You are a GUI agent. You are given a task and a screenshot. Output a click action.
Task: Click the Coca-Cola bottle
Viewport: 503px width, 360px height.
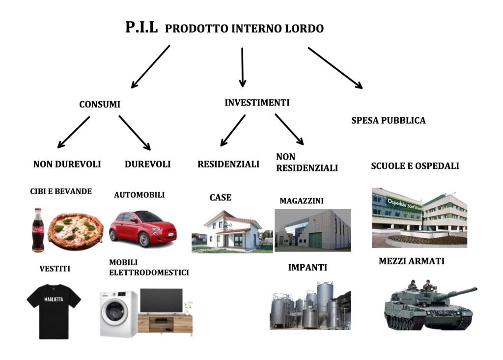pyautogui.click(x=38, y=230)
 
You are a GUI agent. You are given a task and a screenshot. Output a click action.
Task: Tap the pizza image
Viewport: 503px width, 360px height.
pyautogui.click(x=76, y=230)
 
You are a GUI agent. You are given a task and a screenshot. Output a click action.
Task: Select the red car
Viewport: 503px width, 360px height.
pyautogui.click(x=142, y=228)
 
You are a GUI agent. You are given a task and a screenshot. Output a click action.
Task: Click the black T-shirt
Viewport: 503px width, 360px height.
pyautogui.click(x=54, y=310)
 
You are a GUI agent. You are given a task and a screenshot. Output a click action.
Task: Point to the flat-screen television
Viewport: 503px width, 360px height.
pyautogui.click(x=161, y=301)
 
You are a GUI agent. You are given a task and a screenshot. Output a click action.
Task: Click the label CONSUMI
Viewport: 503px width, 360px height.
pyautogui.click(x=100, y=105)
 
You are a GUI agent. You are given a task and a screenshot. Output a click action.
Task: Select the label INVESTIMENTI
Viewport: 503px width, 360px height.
pyautogui.click(x=257, y=103)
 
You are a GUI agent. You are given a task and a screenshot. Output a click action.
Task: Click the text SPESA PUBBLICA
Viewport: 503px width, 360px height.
pyautogui.click(x=389, y=120)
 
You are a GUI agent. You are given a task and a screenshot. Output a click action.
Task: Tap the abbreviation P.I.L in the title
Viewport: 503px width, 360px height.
pyautogui.click(x=141, y=28)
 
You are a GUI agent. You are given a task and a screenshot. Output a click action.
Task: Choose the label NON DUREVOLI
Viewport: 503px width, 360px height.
pyautogui.click(x=67, y=165)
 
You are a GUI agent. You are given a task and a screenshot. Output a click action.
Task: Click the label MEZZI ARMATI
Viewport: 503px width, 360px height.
pyautogui.click(x=411, y=261)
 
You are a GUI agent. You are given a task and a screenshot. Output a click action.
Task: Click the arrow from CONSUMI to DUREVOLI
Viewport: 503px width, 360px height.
pyautogui.click(x=134, y=133)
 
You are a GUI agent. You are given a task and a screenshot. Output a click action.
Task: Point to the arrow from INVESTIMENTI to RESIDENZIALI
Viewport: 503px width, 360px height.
pyautogui.click(x=233, y=130)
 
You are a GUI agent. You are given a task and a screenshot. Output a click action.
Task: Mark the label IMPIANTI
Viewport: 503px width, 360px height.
pyautogui.click(x=307, y=268)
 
